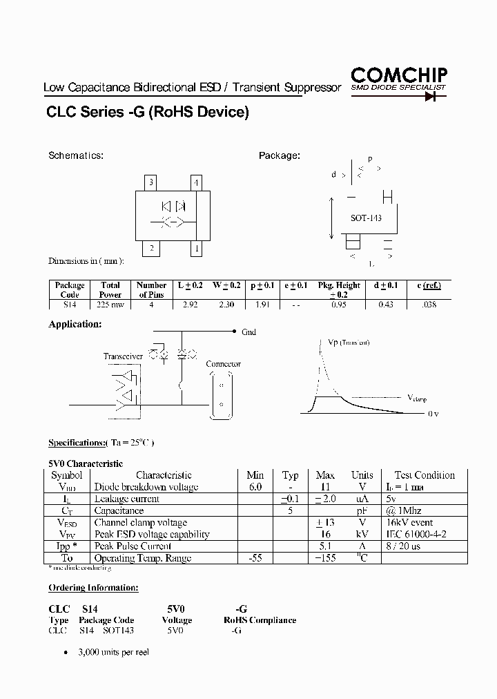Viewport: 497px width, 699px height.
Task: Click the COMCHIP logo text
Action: pyautogui.click(x=399, y=75)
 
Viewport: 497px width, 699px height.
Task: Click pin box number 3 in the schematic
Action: pyautogui.click(x=152, y=183)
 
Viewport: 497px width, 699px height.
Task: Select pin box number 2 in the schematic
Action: pyautogui.click(x=152, y=249)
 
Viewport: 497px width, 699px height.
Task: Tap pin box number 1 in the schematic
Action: pyautogui.click(x=197, y=249)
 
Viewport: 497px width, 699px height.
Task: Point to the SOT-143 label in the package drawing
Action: pyautogui.click(x=366, y=218)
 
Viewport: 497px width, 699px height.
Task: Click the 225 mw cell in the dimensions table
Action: pyautogui.click(x=110, y=304)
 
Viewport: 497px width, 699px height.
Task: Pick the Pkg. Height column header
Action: pyautogui.click(x=339, y=285)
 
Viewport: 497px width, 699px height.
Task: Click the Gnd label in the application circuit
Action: pyautogui.click(x=248, y=332)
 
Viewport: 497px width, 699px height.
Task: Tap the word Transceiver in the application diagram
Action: pyautogui.click(x=124, y=356)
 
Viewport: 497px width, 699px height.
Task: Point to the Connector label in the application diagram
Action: pyautogui.click(x=224, y=364)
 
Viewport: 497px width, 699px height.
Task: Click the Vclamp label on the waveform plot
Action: pyautogui.click(x=418, y=398)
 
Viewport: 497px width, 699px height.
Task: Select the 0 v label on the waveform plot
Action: pyautogui.click(x=433, y=414)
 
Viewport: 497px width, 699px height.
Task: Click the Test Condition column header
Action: pyautogui.click(x=425, y=475)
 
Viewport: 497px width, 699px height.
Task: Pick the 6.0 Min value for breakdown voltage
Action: pyautogui.click(x=255, y=487)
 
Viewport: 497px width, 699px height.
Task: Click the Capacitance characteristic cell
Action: pyautogui.click(x=119, y=511)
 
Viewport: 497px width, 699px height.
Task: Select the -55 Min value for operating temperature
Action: pyautogui.click(x=255, y=558)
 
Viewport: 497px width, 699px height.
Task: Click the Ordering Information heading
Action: pyautogui.click(x=93, y=588)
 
